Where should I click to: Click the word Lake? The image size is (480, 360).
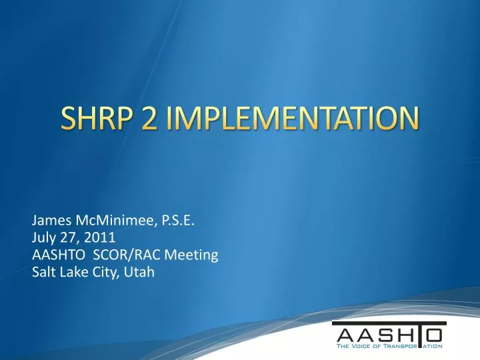click(x=73, y=271)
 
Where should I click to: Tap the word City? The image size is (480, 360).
click(x=103, y=271)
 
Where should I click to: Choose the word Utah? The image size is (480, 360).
click(x=138, y=271)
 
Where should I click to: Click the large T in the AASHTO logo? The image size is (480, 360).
click(x=420, y=334)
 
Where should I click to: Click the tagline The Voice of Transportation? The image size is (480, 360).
click(x=389, y=346)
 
